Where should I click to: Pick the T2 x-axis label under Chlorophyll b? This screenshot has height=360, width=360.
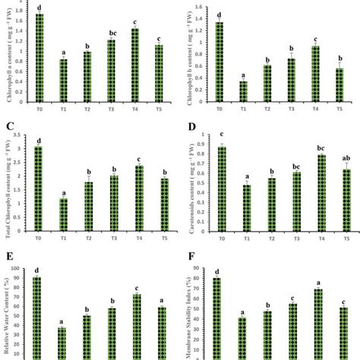(x=268, y=109)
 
